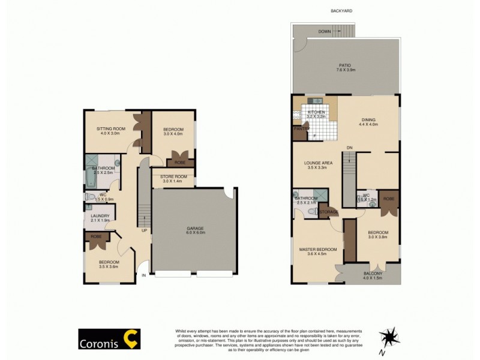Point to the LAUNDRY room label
click(x=100, y=218)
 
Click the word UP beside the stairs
click(x=144, y=230)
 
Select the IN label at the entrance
click(x=143, y=275)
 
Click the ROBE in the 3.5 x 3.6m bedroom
click(x=96, y=236)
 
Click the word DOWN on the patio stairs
click(x=325, y=31)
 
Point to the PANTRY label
click(x=300, y=128)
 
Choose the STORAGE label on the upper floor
click(x=329, y=212)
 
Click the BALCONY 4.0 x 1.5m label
click(x=373, y=275)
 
